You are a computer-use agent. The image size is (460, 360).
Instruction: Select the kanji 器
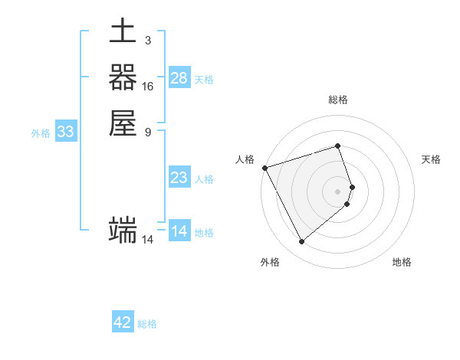coord(123,77)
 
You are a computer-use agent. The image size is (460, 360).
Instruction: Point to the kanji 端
coord(123,230)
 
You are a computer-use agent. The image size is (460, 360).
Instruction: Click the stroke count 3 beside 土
coord(147,41)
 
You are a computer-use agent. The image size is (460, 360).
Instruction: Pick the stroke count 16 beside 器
coord(148,87)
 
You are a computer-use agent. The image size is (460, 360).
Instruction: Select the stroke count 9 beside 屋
coord(147,132)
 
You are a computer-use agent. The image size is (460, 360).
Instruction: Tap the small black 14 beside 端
coord(148,240)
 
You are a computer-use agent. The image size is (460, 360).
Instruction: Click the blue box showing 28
coord(179,77)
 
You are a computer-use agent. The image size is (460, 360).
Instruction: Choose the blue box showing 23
coord(179,178)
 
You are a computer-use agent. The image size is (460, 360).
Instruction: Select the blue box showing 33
coord(66,132)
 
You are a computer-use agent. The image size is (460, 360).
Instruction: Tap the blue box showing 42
coord(123,322)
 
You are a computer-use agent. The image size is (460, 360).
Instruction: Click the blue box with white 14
coord(179,231)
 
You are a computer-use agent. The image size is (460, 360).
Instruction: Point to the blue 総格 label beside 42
coord(147,324)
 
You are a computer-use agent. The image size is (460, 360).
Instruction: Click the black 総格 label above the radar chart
coord(338,100)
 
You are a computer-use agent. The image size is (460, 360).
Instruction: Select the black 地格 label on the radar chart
coord(402,263)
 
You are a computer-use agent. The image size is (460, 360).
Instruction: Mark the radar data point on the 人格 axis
coord(264,167)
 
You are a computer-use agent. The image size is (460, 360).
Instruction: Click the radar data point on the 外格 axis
coord(301,242)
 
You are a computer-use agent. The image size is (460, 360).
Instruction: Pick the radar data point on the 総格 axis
coord(338,146)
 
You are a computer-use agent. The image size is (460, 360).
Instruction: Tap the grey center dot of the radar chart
coord(338,191)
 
